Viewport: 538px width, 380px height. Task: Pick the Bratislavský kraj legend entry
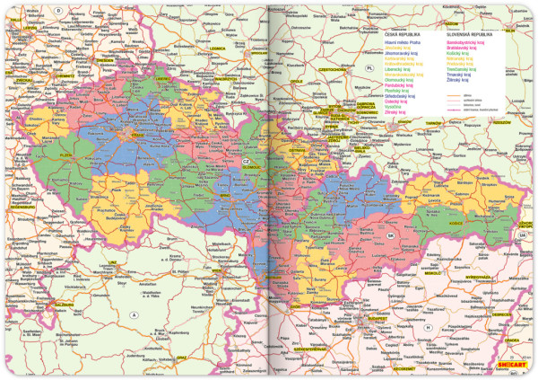[455, 48]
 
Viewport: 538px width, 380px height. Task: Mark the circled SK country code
[390, 235]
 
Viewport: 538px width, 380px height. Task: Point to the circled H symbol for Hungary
[428, 327]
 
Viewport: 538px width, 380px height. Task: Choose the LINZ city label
[113, 261]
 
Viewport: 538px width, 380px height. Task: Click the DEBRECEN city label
[500, 314]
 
